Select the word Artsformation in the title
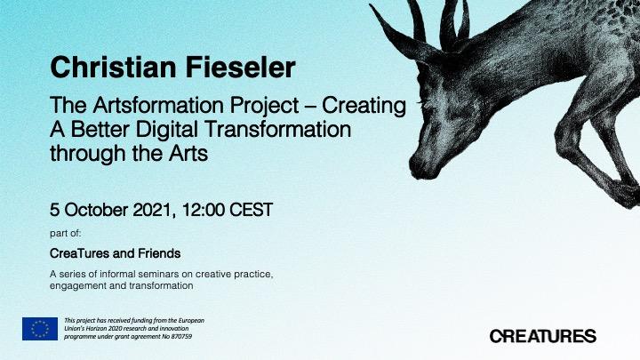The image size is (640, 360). (159, 105)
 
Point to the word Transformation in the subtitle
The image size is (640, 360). (277, 129)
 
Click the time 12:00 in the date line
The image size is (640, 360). (204, 210)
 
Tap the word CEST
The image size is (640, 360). (251, 210)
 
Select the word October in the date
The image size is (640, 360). (96, 210)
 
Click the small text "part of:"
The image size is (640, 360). (65, 234)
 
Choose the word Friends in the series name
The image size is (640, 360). (159, 253)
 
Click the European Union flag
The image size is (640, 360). (40, 329)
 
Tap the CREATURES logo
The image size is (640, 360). (543, 336)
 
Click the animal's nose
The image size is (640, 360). (419, 167)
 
